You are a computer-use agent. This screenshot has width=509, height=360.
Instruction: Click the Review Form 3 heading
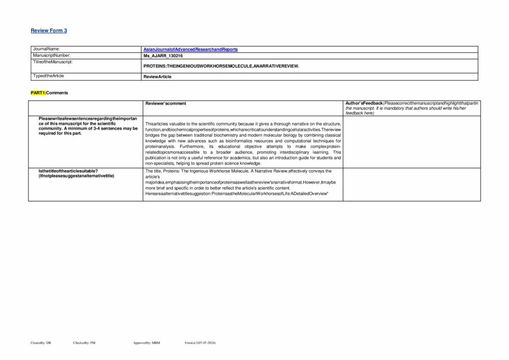pyautogui.click(x=49, y=31)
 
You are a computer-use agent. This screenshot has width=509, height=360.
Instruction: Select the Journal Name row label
pyautogui.click(x=46, y=49)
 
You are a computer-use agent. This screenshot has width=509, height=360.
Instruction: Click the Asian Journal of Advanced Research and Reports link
pyautogui.click(x=190, y=50)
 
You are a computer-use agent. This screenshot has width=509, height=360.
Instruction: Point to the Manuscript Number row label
pyautogui.click(x=52, y=55)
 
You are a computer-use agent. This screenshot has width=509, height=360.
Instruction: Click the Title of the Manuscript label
pyautogui.click(x=53, y=62)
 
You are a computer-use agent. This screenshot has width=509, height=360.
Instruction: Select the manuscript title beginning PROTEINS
pyautogui.click(x=221, y=66)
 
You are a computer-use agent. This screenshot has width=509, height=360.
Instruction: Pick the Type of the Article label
pyautogui.click(x=49, y=76)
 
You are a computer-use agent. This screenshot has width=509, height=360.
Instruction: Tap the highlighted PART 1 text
pyautogui.click(x=38, y=93)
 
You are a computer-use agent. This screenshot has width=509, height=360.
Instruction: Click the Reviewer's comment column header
pyautogui.click(x=166, y=103)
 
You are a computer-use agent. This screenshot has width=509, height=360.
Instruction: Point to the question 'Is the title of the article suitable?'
pyautogui.click(x=68, y=171)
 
